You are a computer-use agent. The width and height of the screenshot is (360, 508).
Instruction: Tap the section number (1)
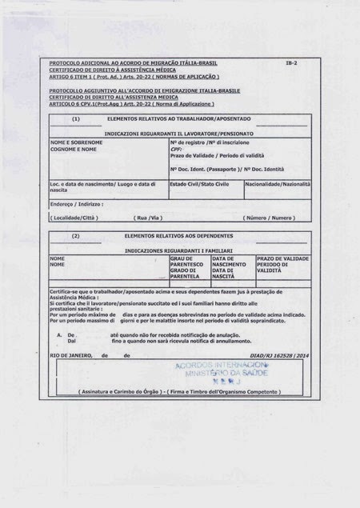pyautogui.click(x=75, y=118)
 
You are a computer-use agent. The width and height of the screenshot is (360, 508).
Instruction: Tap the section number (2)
pyautogui.click(x=75, y=237)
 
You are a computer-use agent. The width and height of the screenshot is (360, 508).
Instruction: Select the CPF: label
pyautogui.click(x=177, y=148)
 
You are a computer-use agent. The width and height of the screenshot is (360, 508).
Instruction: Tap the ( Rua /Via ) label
pyautogui.click(x=150, y=218)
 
